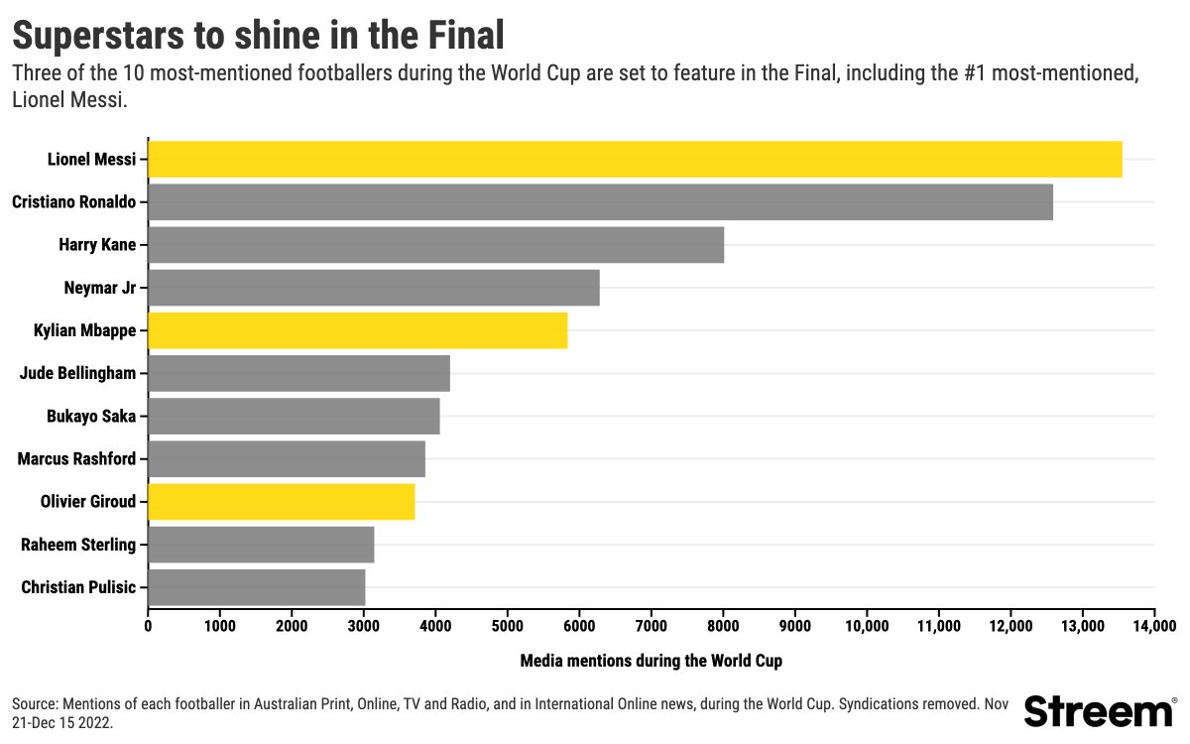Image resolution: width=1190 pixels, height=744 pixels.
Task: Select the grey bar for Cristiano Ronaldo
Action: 600,202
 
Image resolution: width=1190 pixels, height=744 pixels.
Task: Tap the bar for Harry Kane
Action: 435,245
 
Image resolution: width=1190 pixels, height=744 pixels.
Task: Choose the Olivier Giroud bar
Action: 281,502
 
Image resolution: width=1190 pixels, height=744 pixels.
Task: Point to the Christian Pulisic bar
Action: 256,587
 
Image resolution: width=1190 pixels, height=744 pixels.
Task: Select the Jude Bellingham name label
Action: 77,373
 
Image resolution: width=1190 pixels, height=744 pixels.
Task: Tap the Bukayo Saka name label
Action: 91,417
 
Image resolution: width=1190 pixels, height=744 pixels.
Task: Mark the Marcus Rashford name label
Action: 76,459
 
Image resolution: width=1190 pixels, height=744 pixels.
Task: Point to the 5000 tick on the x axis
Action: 507,626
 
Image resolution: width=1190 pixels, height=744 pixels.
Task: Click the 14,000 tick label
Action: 1153,626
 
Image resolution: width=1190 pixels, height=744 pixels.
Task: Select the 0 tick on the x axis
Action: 148,626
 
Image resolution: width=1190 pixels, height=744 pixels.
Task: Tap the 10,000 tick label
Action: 866,626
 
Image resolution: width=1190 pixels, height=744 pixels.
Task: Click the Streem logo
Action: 1099,710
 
